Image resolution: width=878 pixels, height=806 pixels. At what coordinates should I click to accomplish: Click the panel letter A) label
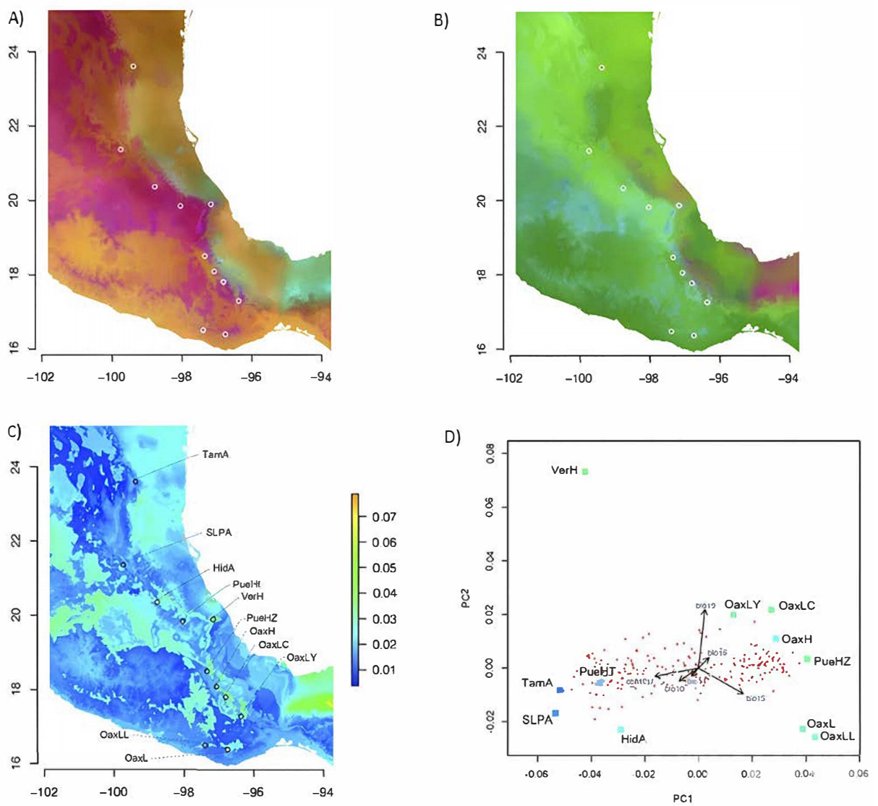[x=16, y=20]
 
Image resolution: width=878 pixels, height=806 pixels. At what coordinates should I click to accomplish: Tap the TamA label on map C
[x=216, y=454]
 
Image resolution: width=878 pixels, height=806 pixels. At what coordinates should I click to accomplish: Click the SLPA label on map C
[x=218, y=533]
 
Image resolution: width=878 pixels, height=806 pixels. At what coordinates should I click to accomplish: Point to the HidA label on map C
[x=224, y=568]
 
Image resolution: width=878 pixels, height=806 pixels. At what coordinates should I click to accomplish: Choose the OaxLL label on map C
[x=114, y=734]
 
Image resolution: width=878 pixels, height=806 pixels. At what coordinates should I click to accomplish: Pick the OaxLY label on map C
[x=302, y=658]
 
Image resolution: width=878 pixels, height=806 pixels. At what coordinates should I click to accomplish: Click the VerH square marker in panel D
[x=585, y=471]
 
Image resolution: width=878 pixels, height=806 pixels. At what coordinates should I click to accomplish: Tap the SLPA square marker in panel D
[x=555, y=713]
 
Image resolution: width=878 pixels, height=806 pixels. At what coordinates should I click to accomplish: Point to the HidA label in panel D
[x=633, y=739]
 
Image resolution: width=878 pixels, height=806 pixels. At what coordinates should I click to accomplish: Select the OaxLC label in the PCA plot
[x=797, y=606]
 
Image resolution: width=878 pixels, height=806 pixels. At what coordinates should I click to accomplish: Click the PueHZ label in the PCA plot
[x=832, y=661]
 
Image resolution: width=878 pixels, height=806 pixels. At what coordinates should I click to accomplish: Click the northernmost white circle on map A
[x=133, y=66]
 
